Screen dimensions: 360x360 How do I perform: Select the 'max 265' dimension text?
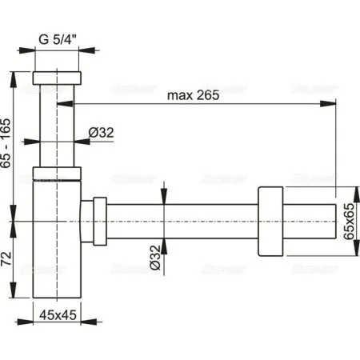[192, 97]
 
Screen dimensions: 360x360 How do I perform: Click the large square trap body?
[57, 240]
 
